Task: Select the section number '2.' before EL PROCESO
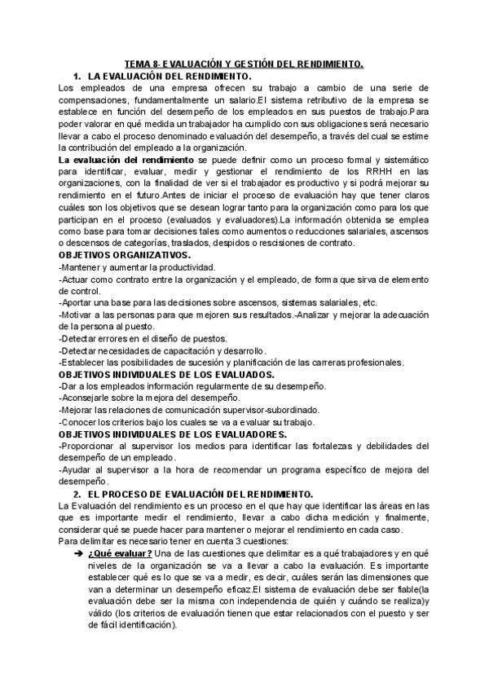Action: click(x=76, y=494)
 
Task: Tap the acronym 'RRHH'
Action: click(x=369, y=172)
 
